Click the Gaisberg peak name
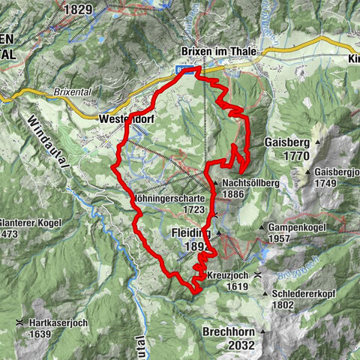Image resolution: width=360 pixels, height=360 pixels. coord(286,142)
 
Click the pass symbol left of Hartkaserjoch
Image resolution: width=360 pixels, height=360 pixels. coord(19,322)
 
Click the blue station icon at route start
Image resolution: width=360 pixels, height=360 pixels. coord(182,70)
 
